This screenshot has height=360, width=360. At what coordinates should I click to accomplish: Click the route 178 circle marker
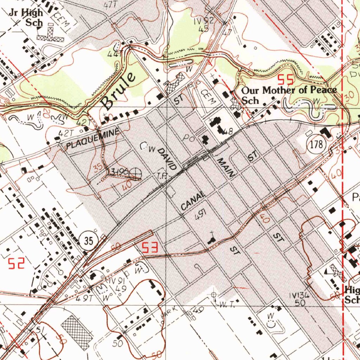314,144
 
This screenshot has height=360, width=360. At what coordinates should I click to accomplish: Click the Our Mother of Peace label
289,90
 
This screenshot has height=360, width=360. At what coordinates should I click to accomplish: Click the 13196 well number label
118,172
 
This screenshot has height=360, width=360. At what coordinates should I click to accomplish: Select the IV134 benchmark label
300,296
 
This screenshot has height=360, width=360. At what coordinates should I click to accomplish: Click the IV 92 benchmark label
204,21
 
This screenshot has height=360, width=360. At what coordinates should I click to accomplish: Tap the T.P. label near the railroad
162,175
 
